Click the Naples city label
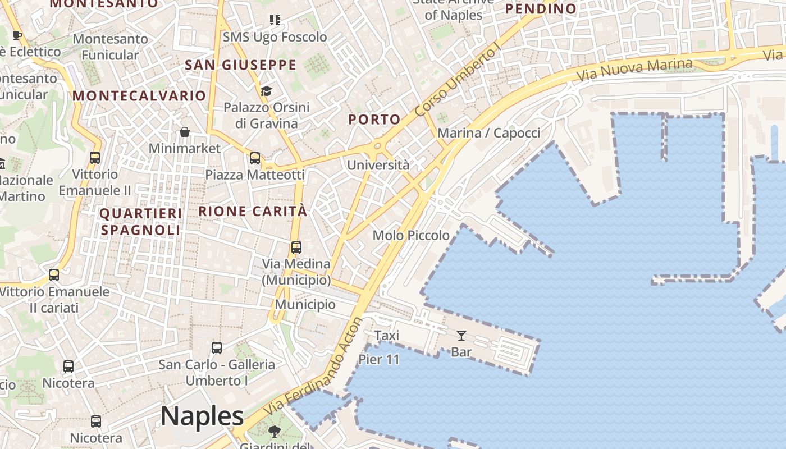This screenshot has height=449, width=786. [x=202, y=416]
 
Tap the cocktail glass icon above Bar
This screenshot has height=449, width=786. [x=461, y=336]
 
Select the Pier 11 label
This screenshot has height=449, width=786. [x=379, y=359]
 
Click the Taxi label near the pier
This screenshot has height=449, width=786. [x=387, y=336]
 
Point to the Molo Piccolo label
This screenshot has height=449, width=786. [x=411, y=235]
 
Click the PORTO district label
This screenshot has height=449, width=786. [x=374, y=120]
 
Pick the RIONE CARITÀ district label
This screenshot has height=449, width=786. [x=253, y=212]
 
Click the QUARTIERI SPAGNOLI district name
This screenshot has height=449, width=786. [x=141, y=222]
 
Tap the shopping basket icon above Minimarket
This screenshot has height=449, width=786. [x=185, y=132]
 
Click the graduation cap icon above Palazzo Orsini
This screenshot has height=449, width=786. [x=266, y=91]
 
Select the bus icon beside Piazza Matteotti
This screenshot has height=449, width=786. [x=255, y=158]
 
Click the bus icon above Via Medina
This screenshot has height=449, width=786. [x=296, y=247]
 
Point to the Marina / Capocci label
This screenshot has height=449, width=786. [x=488, y=133]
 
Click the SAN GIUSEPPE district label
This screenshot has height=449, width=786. [x=241, y=65]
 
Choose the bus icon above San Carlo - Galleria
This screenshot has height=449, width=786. [x=217, y=347]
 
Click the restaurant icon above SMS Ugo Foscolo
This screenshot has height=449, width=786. [x=275, y=21]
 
